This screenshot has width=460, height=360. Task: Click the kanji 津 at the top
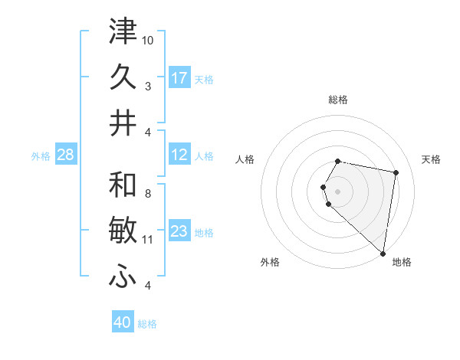123,32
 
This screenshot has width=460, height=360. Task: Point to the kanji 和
123,185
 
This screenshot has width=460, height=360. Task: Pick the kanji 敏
123,231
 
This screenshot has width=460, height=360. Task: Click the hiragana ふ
123,277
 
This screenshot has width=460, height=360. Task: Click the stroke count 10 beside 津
148,40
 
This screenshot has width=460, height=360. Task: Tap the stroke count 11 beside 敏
148,240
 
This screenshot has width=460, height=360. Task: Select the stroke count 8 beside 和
148,194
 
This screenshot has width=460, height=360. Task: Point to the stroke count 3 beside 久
148,86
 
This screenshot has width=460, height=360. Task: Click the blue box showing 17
179,78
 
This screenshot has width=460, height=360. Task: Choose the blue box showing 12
179,155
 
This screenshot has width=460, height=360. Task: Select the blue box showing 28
65,155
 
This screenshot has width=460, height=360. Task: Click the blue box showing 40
123,322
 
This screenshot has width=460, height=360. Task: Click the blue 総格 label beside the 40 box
147,324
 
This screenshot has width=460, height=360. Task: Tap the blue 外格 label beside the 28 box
41,156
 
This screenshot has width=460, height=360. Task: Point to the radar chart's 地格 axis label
402,262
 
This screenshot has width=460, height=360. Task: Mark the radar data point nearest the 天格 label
396,173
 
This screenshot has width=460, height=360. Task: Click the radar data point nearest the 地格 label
383,254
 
